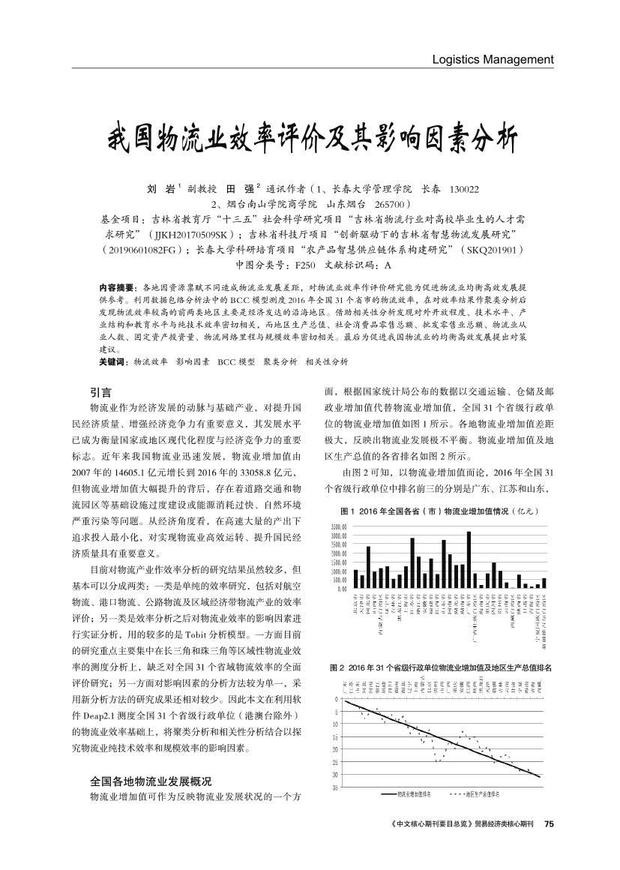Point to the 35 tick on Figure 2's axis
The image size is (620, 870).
335,787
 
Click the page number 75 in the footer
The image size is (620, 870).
549,823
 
